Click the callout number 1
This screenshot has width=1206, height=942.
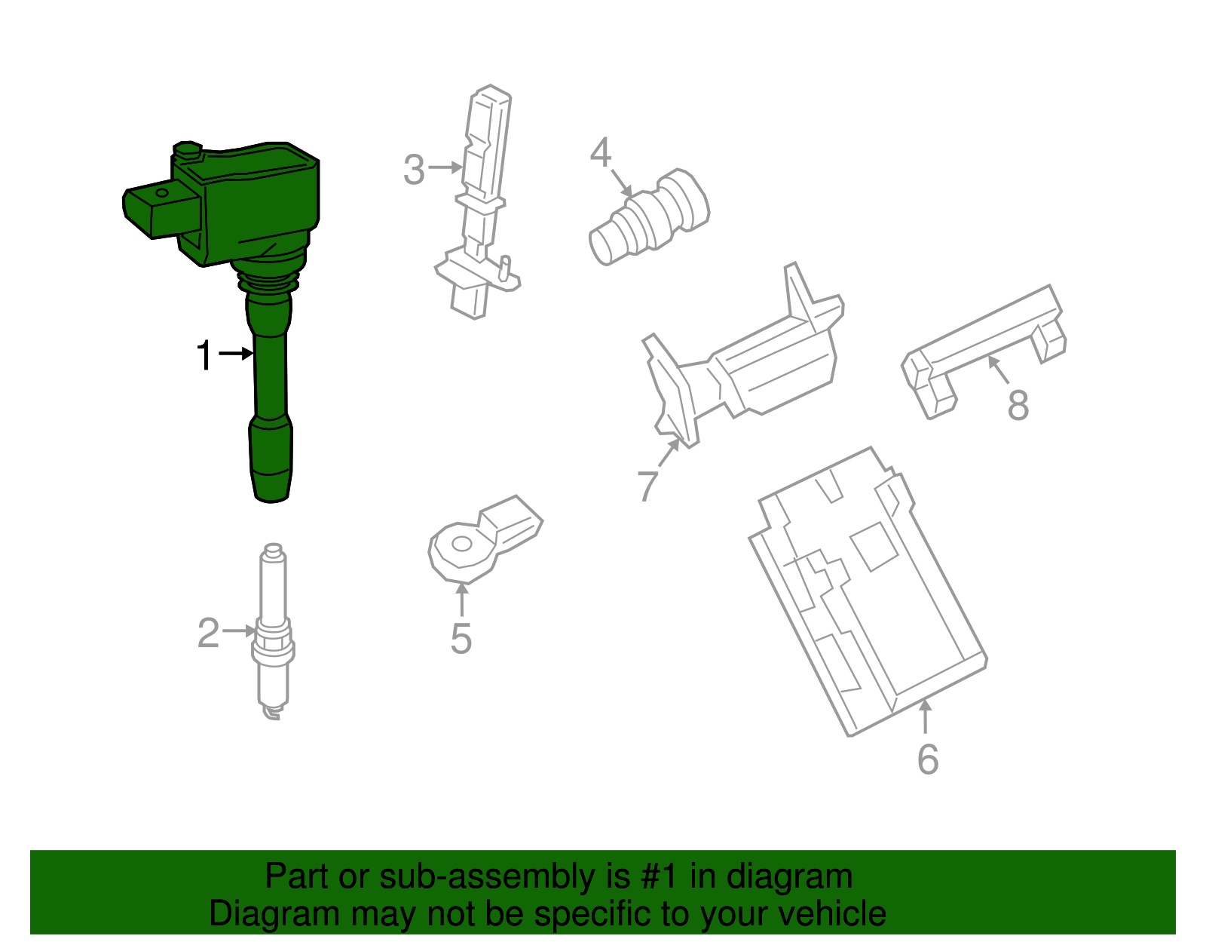pyautogui.click(x=204, y=355)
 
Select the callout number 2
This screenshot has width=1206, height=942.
pyautogui.click(x=208, y=633)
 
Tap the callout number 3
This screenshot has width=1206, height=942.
pyautogui.click(x=414, y=170)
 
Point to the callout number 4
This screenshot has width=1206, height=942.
pyautogui.click(x=600, y=152)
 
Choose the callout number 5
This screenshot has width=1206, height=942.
pyautogui.click(x=461, y=638)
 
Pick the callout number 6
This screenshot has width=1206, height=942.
pyautogui.click(x=928, y=759)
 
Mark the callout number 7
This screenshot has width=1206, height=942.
pyautogui.click(x=647, y=485)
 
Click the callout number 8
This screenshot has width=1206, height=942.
pyautogui.click(x=1018, y=405)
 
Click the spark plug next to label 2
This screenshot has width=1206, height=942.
pyautogui.click(x=273, y=634)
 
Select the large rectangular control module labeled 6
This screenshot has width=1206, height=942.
pyautogui.click(x=867, y=596)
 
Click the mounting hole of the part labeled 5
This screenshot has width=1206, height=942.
pyautogui.click(x=461, y=544)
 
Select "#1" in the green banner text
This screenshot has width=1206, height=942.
pyautogui.click(x=660, y=876)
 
